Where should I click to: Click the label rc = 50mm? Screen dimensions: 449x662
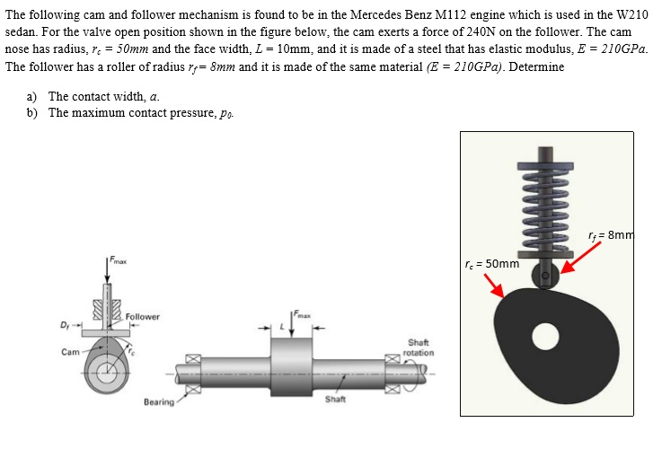[494, 264]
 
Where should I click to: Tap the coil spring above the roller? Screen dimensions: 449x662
[544, 202]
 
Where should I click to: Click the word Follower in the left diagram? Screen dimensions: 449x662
[142, 317]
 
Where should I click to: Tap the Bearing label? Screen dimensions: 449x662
[158, 401]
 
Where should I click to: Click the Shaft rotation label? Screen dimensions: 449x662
[419, 348]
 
